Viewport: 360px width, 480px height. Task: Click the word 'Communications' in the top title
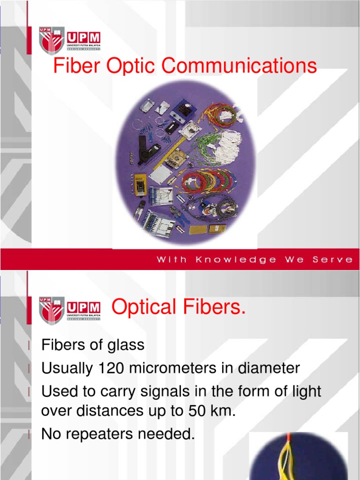pyautogui.click(x=240, y=66)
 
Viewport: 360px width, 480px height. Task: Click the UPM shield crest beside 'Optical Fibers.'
pyautogui.click(x=52, y=310)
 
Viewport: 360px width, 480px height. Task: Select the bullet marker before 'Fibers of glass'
pyautogui.click(x=30, y=346)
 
